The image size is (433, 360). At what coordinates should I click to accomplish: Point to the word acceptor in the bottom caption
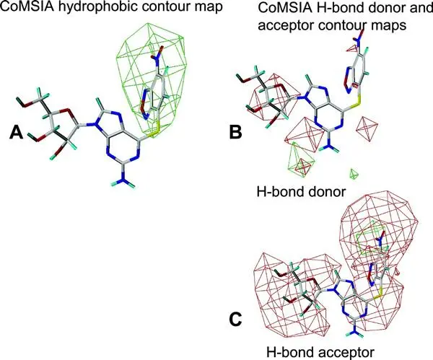[x=344, y=353]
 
